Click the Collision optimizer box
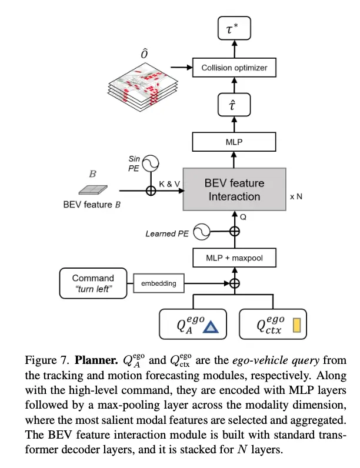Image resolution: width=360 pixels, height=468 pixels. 234,68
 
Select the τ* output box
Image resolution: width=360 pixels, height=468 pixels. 234,28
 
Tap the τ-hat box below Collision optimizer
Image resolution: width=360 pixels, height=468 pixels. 234,105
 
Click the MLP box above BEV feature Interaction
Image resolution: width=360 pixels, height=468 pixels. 234,142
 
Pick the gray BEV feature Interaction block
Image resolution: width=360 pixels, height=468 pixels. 234,189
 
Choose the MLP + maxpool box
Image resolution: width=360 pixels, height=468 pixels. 234,258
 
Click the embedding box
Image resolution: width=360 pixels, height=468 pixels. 158,283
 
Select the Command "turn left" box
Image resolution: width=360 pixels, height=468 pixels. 93,283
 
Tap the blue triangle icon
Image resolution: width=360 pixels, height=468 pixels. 211,327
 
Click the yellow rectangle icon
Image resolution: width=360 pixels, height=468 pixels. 296,325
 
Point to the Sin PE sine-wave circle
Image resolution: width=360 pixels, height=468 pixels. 150,163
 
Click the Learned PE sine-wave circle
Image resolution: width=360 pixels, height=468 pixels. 202,232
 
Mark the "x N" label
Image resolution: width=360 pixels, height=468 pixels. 296,197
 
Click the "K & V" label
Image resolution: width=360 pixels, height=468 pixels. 169,184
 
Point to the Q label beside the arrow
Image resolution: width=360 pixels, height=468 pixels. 244,217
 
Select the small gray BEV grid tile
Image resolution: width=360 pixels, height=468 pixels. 93,190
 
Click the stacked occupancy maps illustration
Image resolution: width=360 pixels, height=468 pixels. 143,87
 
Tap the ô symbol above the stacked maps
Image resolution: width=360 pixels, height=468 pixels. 144,54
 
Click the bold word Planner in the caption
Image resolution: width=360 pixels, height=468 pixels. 96,360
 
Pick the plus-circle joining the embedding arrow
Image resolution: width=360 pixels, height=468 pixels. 235,283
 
